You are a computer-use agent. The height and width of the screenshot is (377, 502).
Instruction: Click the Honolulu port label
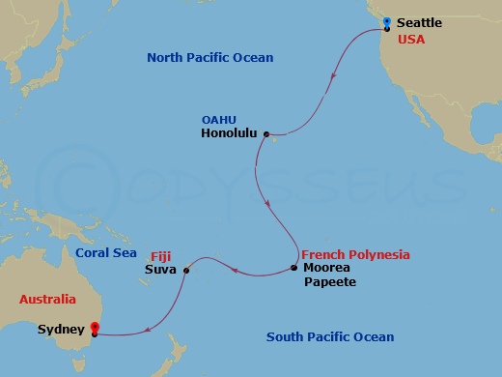coord(229,134)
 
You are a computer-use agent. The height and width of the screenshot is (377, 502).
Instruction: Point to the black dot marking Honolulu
coord(265,134)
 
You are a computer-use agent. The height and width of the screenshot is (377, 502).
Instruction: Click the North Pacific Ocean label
coord(209,58)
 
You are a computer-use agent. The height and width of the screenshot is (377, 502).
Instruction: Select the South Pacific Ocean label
coord(330,336)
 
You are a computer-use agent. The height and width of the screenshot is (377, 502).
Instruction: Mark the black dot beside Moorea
coord(294,268)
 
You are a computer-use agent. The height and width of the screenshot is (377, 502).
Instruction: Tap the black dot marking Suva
coord(185,270)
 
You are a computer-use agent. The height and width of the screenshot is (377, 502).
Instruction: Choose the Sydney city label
coord(59,330)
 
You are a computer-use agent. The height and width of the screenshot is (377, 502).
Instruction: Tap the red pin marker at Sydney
coord(95,328)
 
